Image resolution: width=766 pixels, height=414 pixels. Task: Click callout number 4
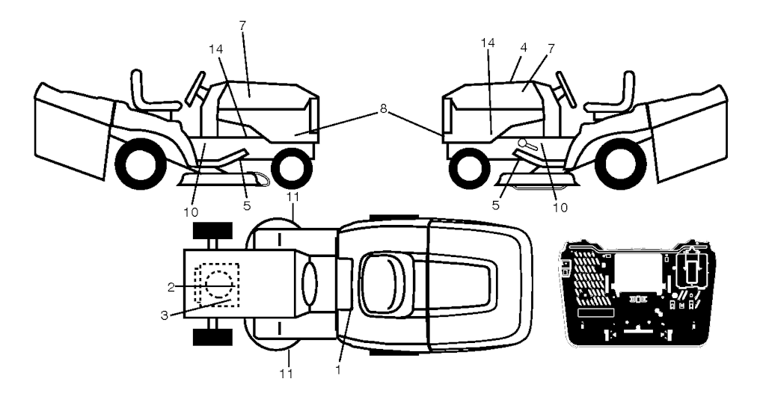pyautogui.click(x=524, y=48)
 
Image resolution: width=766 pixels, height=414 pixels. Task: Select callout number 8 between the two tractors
pyautogui.click(x=383, y=109)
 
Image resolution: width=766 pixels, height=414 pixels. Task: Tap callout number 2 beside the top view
pyautogui.click(x=171, y=288)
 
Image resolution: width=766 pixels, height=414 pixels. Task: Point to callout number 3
pyautogui.click(x=164, y=315)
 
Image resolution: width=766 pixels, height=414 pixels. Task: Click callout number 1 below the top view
pyautogui.click(x=338, y=370)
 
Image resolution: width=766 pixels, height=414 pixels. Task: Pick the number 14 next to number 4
pyautogui.click(x=488, y=43)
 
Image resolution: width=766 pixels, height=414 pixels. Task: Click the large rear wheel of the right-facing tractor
pyautogui.click(x=138, y=164)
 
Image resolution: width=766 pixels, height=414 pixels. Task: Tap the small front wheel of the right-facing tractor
pyautogui.click(x=292, y=168)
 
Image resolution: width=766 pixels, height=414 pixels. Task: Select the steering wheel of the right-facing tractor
pyautogui.click(x=196, y=88)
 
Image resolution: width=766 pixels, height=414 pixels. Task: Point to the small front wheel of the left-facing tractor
pyautogui.click(x=470, y=168)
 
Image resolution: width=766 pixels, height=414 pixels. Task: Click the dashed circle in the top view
pyautogui.click(x=219, y=285)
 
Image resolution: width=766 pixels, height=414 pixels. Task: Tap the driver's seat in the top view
pyautogui.click(x=380, y=285)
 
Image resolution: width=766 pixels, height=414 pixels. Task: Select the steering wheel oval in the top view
pyautogui.click(x=310, y=284)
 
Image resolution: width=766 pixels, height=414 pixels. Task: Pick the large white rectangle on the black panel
pyautogui.click(x=638, y=274)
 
